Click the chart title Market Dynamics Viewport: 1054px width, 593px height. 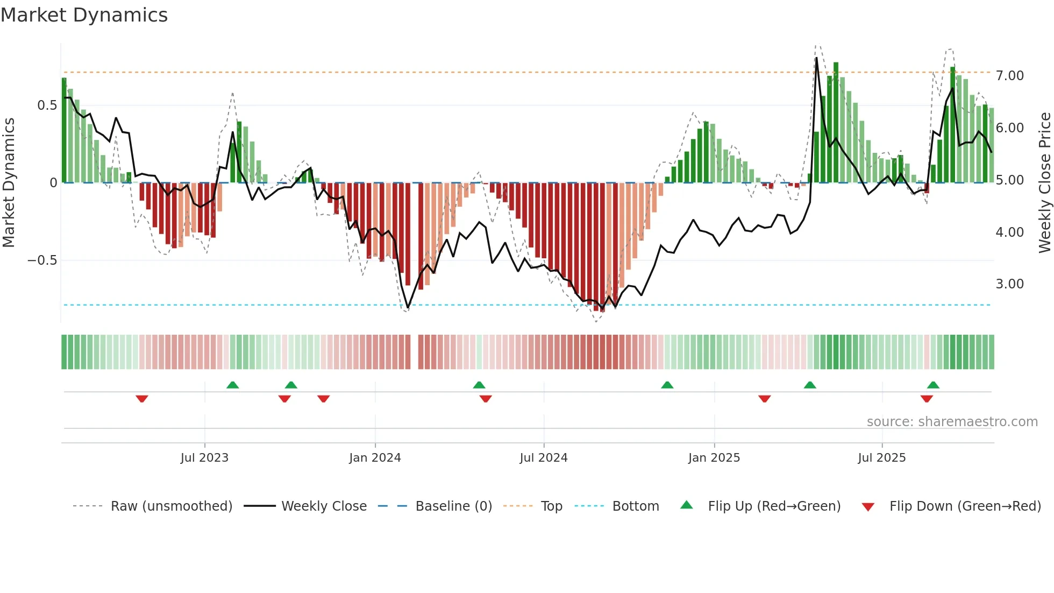coord(84,15)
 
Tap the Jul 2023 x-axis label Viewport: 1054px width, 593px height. coord(204,458)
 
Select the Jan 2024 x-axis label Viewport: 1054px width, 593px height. coord(375,458)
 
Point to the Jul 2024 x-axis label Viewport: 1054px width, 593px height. coord(544,458)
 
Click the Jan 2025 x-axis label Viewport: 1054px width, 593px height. coord(714,458)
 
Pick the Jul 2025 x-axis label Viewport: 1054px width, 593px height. coord(882,458)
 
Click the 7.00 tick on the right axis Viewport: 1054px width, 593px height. coord(1010,76)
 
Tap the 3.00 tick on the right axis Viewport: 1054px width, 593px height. coord(1010,284)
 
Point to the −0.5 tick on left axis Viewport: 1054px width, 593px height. coord(42,260)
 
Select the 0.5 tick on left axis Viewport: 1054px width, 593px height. coord(47,105)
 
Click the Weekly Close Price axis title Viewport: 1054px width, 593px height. coord(1044,182)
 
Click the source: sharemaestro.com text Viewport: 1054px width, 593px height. coord(952,422)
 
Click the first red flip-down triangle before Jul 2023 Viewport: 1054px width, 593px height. coord(142,399)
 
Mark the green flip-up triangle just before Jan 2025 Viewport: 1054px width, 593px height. coord(667,385)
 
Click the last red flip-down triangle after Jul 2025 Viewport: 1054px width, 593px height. coord(927,399)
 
